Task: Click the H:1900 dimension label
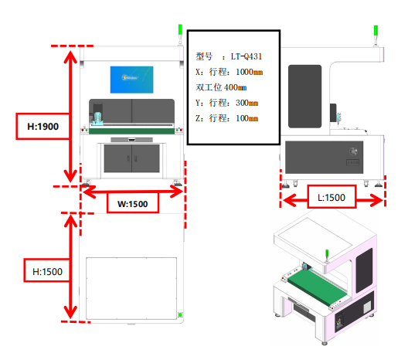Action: point(43,127)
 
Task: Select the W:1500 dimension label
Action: point(133,204)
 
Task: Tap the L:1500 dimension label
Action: point(331,198)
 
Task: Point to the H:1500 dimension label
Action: point(47,272)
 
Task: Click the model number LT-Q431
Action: point(246,56)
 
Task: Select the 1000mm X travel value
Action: point(250,72)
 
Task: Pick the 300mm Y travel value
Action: point(247,103)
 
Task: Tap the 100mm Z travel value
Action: point(247,118)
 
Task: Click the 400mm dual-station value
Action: point(235,87)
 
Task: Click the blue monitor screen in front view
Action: point(131,80)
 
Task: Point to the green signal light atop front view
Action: point(180,29)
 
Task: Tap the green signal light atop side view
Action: point(376,30)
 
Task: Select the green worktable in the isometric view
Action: point(318,287)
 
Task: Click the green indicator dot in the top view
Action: point(180,314)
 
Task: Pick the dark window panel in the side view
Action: point(304,97)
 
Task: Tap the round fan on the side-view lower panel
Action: point(353,151)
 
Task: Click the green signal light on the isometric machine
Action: point(327,254)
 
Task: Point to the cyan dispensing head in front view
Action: point(97,118)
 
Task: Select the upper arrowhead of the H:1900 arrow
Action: point(70,56)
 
